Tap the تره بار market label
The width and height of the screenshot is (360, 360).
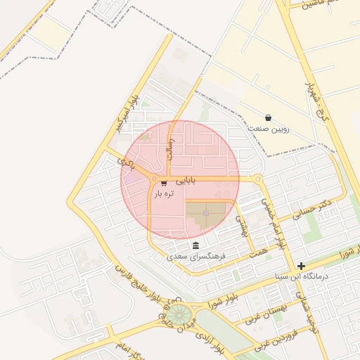(x=163, y=193)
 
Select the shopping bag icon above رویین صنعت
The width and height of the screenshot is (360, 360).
(x=268, y=117)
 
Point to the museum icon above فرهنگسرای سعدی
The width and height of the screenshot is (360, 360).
(x=195, y=246)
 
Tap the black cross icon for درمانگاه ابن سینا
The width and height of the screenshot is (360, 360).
(x=302, y=266)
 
